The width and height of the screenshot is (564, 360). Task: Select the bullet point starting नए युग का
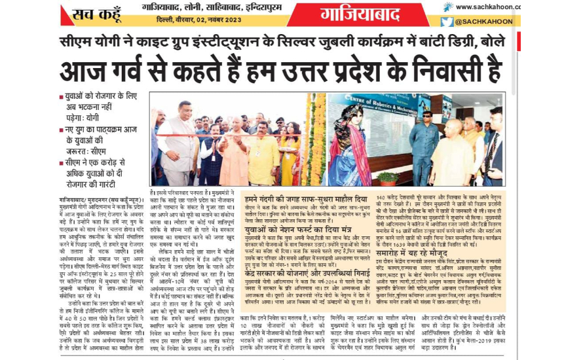tap(98, 135)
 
